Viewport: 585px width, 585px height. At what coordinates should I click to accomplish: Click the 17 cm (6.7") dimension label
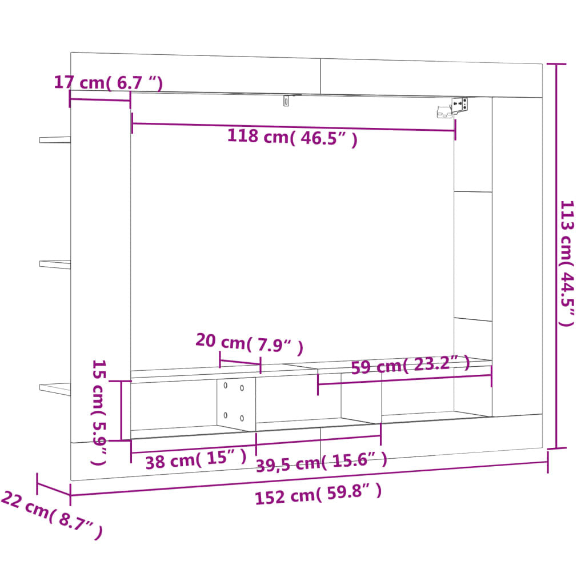pos(109,82)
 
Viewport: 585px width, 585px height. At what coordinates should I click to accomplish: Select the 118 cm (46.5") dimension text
pos(292,138)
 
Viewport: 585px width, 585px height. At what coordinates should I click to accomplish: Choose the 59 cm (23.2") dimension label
pos(410,364)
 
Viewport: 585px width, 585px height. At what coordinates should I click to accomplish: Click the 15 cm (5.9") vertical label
pos(99,411)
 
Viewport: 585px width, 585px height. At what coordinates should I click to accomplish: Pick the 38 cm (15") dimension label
pos(195,459)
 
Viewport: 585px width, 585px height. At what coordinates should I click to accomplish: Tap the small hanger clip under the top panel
pos(287,101)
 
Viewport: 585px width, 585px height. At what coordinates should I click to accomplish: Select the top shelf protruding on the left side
pos(55,139)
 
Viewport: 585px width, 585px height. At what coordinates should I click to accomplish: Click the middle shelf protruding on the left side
pos(55,264)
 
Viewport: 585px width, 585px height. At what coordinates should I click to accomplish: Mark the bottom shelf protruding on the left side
pos(55,388)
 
